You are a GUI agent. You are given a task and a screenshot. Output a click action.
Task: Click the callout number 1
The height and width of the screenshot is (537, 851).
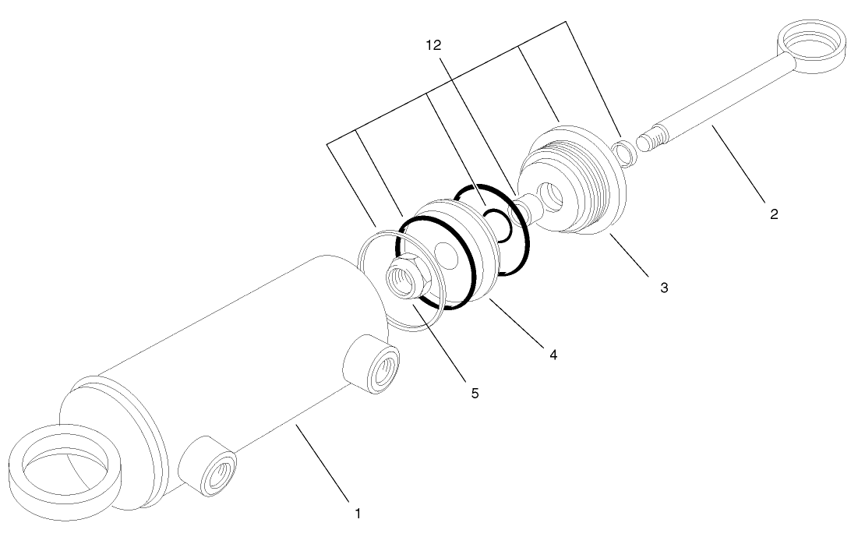point(358,514)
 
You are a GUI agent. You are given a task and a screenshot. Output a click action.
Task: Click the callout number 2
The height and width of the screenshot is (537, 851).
point(774,214)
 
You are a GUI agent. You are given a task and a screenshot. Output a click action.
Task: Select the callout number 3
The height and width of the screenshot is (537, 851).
point(664,287)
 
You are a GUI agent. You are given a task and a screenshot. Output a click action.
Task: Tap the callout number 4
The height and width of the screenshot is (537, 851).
point(553,355)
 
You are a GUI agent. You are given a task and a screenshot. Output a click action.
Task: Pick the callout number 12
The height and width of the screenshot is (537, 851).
point(433,46)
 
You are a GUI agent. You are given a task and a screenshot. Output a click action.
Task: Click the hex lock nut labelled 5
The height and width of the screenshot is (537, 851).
point(408,279)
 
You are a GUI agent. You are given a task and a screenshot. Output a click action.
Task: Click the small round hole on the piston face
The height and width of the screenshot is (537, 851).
point(446,255)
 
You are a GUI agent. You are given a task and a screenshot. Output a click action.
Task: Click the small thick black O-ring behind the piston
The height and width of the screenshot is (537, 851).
point(497,224)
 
